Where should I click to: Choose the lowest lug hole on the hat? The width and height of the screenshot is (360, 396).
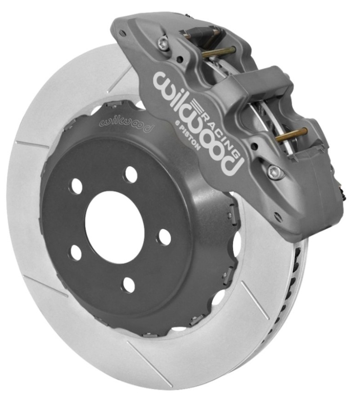[x=128, y=284]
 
